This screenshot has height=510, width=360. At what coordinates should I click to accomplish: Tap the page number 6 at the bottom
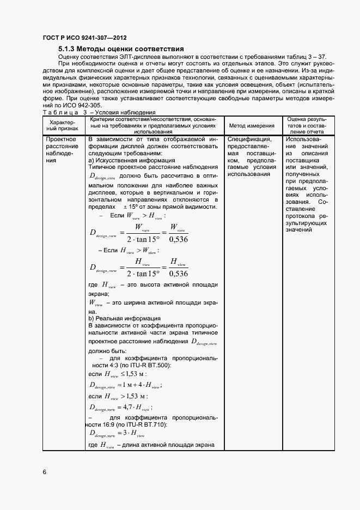44,471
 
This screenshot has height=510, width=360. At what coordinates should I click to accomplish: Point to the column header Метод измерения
251,125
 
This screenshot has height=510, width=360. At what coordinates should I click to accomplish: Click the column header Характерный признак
65,125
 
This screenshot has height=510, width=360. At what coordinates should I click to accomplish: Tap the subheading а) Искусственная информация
131,160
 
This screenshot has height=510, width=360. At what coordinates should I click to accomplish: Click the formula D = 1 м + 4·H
125,385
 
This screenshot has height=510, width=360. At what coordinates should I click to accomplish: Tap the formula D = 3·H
117,434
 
